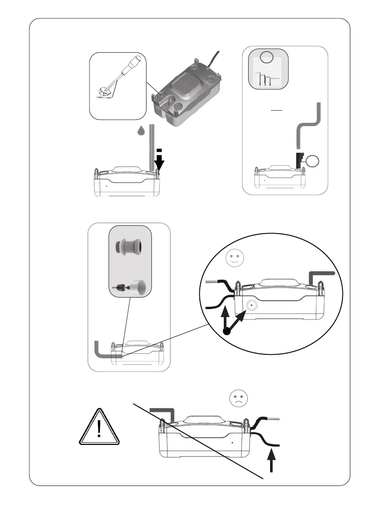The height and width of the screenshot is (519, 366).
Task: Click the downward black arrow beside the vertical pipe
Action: coord(159,164)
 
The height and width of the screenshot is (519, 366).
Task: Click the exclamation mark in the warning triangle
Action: coord(100,430)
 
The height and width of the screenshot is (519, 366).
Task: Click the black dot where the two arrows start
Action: coord(227,332)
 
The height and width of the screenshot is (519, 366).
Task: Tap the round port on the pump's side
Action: coord(251,306)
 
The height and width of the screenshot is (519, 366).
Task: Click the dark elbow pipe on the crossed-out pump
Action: coord(165,411)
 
